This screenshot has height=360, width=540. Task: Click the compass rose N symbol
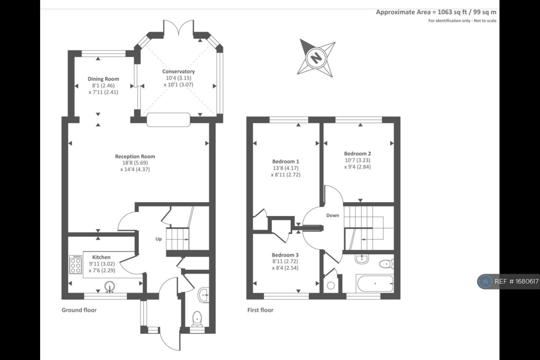pyautogui.click(x=316, y=58)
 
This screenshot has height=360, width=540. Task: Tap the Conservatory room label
pyautogui.click(x=178, y=71)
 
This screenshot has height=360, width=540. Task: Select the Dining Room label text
pyautogui.click(x=103, y=79)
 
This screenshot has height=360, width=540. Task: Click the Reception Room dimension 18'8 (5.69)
pyautogui.click(x=135, y=163)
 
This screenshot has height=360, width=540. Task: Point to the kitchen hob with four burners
pyautogui.click(x=75, y=264)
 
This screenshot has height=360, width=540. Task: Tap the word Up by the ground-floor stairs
pyautogui.click(x=159, y=239)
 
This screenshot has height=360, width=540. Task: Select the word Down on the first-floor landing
pyautogui.click(x=333, y=215)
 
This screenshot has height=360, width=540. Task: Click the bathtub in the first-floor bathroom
pyautogui.click(x=375, y=284)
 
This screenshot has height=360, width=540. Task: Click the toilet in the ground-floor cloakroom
pyautogui.click(x=196, y=319)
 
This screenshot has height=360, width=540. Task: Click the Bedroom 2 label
pyautogui.click(x=357, y=153)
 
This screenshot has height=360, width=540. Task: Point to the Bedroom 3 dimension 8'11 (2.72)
pyautogui.click(x=285, y=261)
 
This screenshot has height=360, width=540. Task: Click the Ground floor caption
pyautogui.click(x=79, y=310)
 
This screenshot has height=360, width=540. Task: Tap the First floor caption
pyautogui.click(x=260, y=310)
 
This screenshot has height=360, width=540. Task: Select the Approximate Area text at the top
pyautogui.click(x=436, y=12)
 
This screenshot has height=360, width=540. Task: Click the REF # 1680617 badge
pyautogui.click(x=508, y=281)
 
